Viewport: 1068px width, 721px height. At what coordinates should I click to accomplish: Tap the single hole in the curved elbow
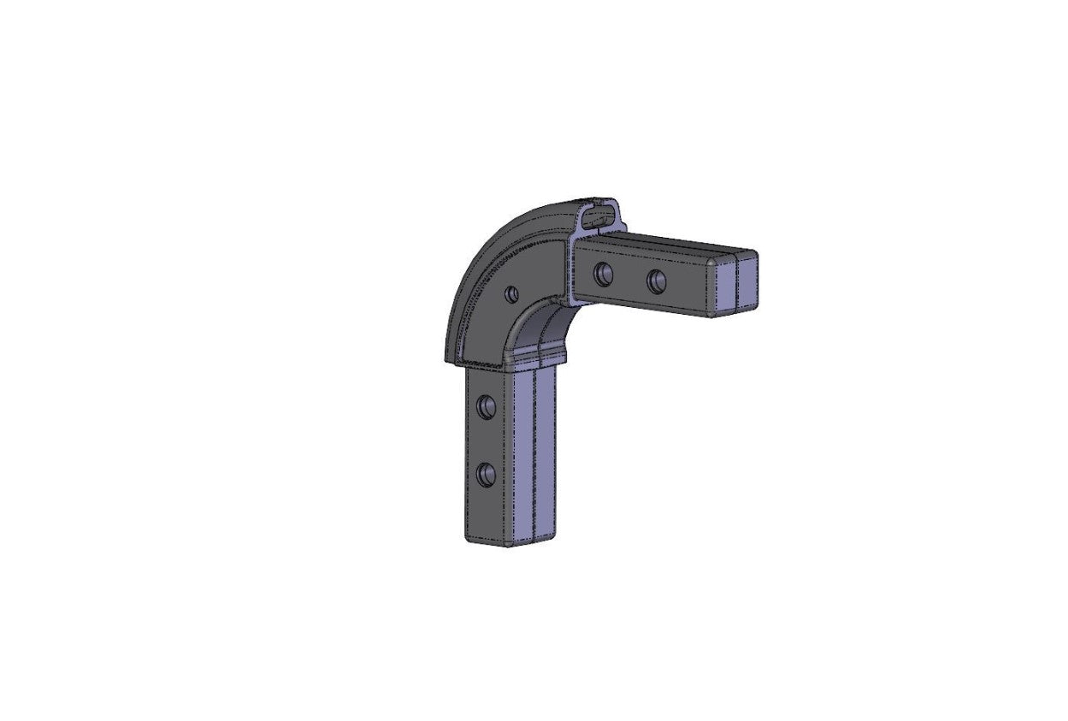pos(511,293)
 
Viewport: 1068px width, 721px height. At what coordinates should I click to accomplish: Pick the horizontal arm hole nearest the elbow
pos(604,274)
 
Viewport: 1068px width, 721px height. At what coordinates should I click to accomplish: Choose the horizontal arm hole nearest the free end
pos(657,281)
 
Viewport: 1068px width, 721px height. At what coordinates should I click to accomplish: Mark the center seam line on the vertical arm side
pos(534,453)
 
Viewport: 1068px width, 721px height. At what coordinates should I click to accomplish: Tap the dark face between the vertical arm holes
pos(487,438)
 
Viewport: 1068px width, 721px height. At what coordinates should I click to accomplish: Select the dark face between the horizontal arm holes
pos(630,278)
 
